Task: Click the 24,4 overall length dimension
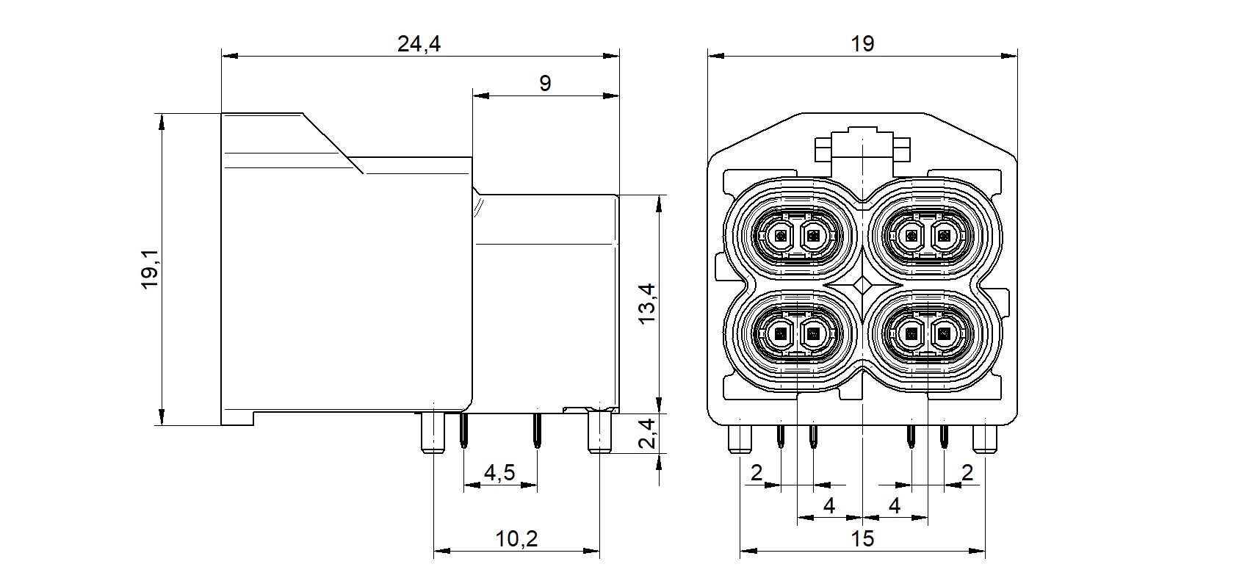pos(419,44)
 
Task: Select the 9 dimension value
pos(544,83)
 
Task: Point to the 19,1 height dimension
pos(151,270)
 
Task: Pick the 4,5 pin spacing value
pos(499,474)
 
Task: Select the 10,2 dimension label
pos(516,539)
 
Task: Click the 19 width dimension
pos(862,44)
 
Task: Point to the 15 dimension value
pos(862,539)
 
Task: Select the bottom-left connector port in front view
pos(796,335)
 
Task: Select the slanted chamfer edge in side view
pos(332,143)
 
